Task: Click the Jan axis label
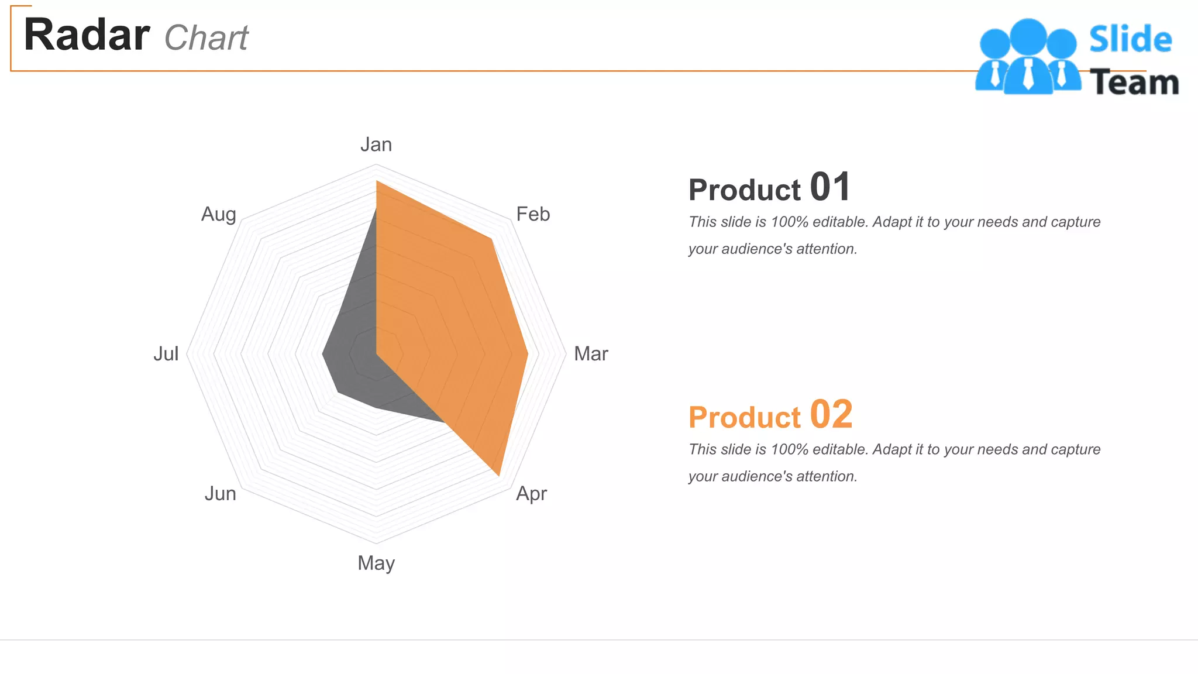376,145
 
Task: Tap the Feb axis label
533,214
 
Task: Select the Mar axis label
591,354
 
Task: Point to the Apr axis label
531,494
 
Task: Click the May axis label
376,563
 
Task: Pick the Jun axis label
221,494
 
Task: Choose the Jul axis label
166,354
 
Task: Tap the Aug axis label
219,214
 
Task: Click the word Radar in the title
87,35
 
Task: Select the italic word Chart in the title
206,39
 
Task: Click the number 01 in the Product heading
829,188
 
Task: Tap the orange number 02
831,415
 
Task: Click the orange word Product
744,418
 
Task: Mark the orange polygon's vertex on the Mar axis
528,354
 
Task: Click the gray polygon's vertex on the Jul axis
323,354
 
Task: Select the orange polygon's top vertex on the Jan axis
376,181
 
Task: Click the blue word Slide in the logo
1130,40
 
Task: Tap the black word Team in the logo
1134,82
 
